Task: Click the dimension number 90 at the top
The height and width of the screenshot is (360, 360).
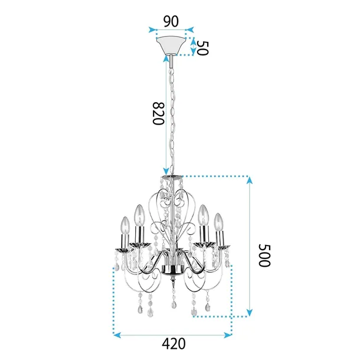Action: click(171, 21)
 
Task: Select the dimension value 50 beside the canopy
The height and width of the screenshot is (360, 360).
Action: click(203, 48)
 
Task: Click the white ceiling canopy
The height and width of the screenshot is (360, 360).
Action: click(171, 45)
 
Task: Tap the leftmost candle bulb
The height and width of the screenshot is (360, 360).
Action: click(125, 225)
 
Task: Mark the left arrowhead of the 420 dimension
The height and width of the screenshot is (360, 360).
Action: click(116, 335)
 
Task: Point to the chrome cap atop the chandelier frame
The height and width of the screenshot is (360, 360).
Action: click(172, 178)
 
